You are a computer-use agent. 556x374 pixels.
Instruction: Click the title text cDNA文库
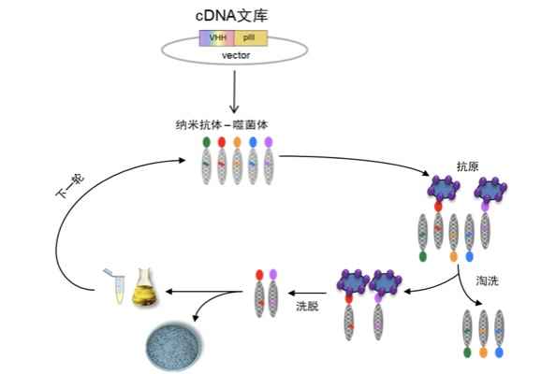coord(231,16)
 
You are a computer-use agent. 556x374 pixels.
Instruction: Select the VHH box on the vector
coord(216,38)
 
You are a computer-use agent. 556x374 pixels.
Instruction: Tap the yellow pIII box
coord(250,38)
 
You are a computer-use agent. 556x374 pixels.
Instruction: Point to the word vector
coord(236,55)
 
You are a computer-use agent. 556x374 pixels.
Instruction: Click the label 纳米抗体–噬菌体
coord(222,124)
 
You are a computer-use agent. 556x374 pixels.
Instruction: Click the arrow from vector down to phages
coord(234,92)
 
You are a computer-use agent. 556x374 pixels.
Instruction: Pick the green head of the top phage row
coord(206,142)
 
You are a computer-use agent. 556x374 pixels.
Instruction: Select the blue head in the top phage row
coord(253,142)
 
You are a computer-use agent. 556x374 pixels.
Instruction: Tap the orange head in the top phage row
coord(237,142)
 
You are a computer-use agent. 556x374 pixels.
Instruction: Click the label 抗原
coord(468,166)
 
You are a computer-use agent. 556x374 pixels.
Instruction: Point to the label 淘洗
coord(488,280)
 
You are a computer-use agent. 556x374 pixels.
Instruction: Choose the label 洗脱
coord(307,306)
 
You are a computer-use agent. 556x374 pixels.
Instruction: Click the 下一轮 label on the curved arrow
coord(70,185)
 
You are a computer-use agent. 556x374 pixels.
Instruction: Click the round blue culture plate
coord(173,346)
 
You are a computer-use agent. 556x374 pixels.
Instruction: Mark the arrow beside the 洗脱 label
coord(307,293)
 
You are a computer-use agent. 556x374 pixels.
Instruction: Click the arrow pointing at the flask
coord(205,292)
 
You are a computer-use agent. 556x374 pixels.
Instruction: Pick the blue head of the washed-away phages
coord(499,352)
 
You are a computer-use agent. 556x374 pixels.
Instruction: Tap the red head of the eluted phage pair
coord(259,275)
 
